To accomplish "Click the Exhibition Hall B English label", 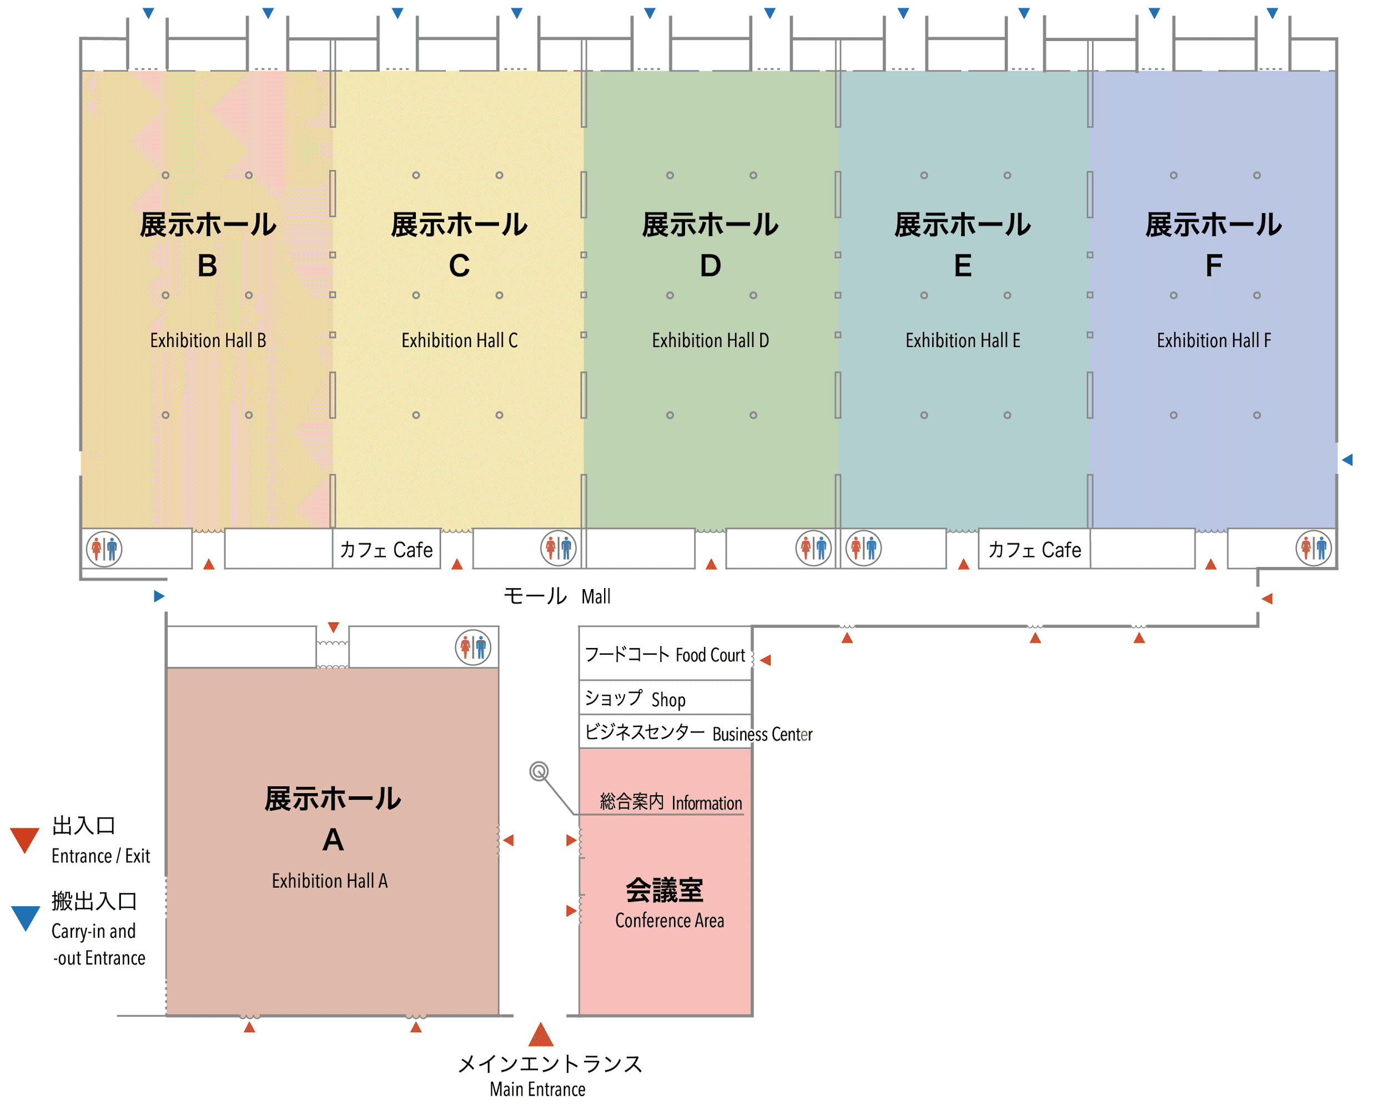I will click(x=208, y=340).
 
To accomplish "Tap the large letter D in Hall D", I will click(x=710, y=265).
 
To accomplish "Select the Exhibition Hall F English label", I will click(x=1214, y=340).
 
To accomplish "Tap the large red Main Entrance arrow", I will click(x=541, y=1034).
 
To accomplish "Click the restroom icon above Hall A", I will click(x=473, y=647).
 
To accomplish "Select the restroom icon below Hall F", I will click(x=1313, y=549).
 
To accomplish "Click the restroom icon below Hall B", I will click(x=104, y=549).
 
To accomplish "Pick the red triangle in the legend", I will click(x=25, y=840).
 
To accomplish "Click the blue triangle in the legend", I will click(x=26, y=917).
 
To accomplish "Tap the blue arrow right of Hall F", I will click(x=1347, y=460).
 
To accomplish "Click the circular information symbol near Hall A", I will click(x=539, y=771).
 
